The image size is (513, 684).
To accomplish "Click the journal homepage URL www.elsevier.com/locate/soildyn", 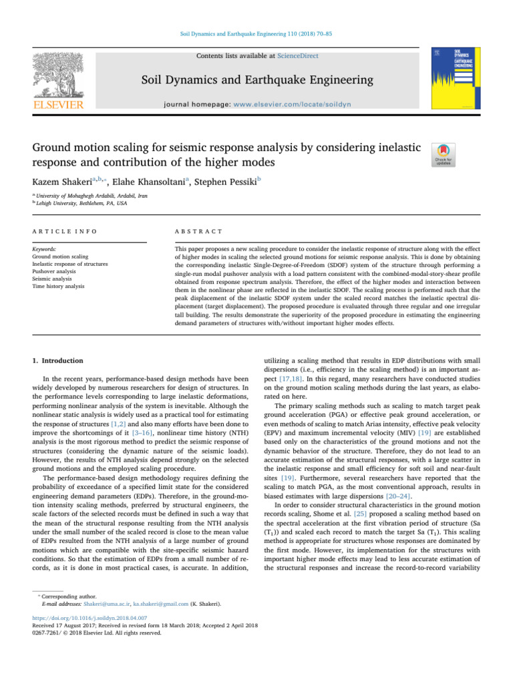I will [x=301, y=104].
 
